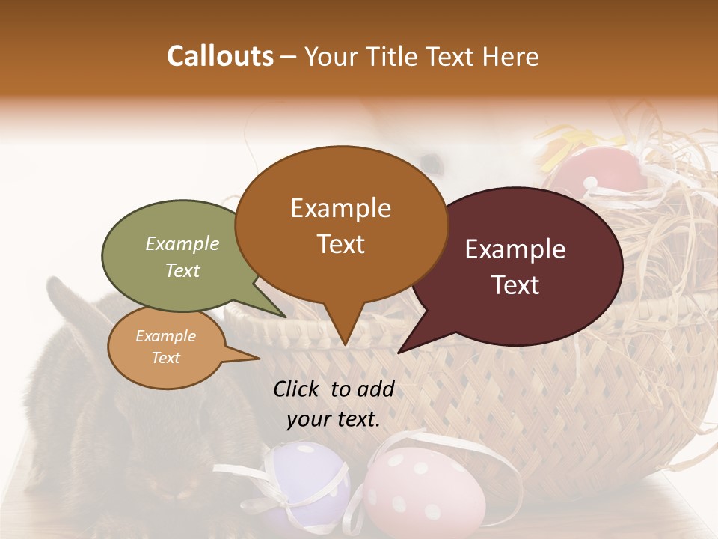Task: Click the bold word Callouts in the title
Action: pyautogui.click(x=220, y=56)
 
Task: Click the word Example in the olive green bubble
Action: pyautogui.click(x=182, y=244)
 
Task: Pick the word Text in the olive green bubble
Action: pyautogui.click(x=182, y=270)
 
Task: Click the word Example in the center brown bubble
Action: pyautogui.click(x=340, y=208)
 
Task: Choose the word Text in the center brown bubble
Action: pyautogui.click(x=340, y=244)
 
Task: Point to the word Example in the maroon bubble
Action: pyautogui.click(x=515, y=249)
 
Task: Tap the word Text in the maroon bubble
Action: pyautogui.click(x=515, y=285)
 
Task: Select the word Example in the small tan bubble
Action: pyautogui.click(x=165, y=336)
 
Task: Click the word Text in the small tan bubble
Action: pyautogui.click(x=165, y=358)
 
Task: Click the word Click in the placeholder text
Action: pyautogui.click(x=298, y=389)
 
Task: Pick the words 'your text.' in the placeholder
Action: pyautogui.click(x=334, y=419)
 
